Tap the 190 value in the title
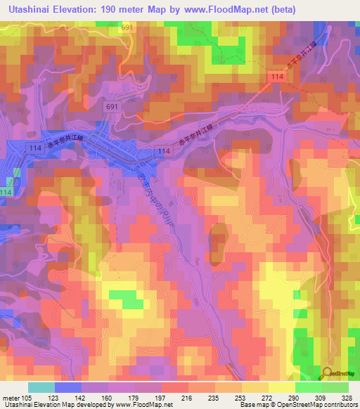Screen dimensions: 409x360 pyautogui.click(x=119, y=9)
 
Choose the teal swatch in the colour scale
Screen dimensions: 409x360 pyautogui.click(x=41, y=387)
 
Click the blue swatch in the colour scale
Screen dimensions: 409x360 pyautogui.click(x=68, y=387)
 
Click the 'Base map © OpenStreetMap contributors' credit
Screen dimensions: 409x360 pyautogui.click(x=297, y=405)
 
